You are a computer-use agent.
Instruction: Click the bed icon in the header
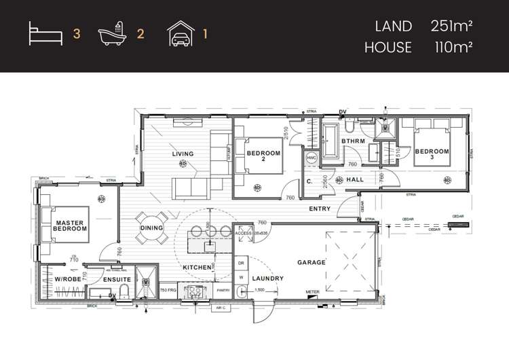tap(45, 33)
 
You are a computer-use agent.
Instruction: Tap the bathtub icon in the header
tap(112, 33)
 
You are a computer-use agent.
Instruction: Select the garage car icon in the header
tap(181, 33)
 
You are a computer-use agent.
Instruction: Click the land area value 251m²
tap(451, 26)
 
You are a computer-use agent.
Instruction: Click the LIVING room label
tap(183, 154)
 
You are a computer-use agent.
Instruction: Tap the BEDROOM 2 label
tap(263, 156)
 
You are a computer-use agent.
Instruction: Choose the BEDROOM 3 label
tap(432, 154)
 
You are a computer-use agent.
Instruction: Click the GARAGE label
tap(312, 262)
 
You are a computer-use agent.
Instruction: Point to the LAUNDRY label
tap(268, 279)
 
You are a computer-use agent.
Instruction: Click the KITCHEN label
tap(197, 268)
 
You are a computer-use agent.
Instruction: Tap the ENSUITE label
tap(117, 279)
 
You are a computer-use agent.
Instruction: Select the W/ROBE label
tap(68, 279)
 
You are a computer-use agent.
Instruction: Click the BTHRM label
tap(353, 141)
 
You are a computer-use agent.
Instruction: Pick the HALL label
tap(356, 179)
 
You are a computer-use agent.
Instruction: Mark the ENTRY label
tap(320, 209)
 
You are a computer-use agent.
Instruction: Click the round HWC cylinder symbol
tap(312, 158)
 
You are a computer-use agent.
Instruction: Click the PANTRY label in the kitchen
tap(223, 290)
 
